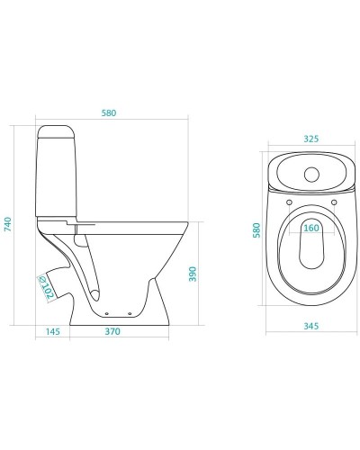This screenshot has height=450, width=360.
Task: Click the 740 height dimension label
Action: (x=8, y=224)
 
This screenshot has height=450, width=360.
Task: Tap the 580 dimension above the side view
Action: (x=109, y=113)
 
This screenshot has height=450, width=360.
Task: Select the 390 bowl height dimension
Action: (x=193, y=274)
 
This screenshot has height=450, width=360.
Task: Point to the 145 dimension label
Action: (x=53, y=331)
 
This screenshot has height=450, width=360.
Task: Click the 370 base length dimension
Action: (x=112, y=331)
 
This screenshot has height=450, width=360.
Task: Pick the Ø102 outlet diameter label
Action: (x=46, y=287)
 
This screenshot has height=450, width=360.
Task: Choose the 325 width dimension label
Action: (x=311, y=139)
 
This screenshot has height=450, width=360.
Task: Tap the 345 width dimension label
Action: (x=311, y=326)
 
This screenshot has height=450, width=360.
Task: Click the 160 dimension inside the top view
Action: (x=311, y=228)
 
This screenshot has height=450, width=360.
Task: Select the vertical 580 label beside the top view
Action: (x=256, y=230)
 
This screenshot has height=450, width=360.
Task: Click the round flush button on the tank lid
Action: (x=311, y=175)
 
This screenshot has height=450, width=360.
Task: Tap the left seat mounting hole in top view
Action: (x=289, y=202)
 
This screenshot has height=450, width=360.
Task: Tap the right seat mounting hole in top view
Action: (x=334, y=202)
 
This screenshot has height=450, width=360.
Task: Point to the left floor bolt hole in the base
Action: (x=107, y=313)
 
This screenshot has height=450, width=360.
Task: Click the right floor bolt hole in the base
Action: (x=130, y=313)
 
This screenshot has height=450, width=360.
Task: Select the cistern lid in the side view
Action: (x=56, y=131)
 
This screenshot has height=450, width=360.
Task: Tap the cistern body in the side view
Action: (x=56, y=177)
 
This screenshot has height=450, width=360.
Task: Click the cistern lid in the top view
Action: (x=311, y=172)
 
